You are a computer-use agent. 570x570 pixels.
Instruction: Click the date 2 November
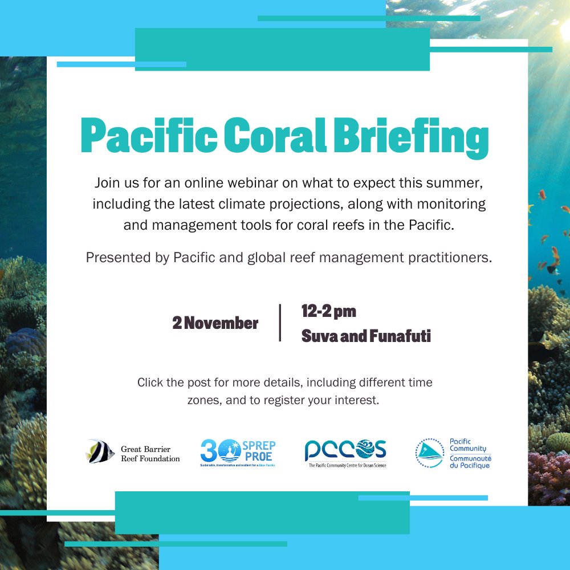coord(215,323)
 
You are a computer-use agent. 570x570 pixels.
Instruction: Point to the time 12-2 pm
coord(328,311)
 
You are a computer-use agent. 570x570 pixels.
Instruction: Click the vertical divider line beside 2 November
coord(280,323)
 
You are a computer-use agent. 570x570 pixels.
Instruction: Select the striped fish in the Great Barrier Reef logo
coord(100,451)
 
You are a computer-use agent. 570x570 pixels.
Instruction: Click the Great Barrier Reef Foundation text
coord(150,454)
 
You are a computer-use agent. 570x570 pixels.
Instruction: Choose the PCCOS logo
coord(345,451)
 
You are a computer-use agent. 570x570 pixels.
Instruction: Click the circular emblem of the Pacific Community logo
coord(429,453)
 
